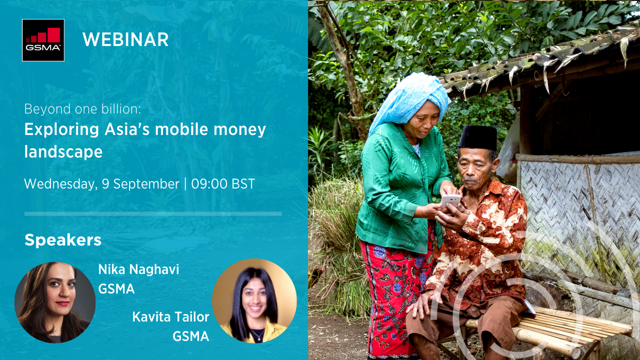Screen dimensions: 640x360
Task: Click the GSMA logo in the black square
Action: coord(43,40)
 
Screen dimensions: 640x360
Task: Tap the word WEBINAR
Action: coord(125,39)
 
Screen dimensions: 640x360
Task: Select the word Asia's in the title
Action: coord(127,129)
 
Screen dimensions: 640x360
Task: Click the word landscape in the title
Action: coord(63,151)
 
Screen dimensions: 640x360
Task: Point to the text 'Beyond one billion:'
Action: coord(82,109)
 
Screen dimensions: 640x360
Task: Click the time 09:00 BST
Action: coord(223,183)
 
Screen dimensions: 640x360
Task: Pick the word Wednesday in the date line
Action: coord(59,184)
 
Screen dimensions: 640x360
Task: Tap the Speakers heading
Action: coord(63,239)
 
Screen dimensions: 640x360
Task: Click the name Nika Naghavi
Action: coord(138,269)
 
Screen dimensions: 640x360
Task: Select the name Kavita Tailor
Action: coord(170,317)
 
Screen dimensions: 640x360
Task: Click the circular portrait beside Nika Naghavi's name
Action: coord(55,302)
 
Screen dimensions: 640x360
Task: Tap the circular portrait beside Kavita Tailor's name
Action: coord(254,301)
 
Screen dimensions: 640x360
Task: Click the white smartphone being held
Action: coord(451,200)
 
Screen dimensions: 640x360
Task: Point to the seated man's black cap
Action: coord(477,138)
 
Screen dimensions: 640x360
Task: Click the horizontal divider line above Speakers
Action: coord(153,213)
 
